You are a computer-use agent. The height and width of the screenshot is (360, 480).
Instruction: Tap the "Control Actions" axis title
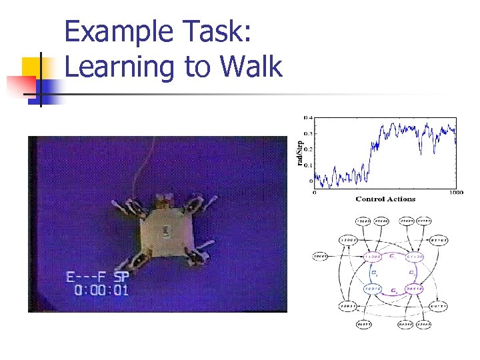(x=385, y=199)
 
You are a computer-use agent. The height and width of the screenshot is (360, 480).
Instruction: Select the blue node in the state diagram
(x=373, y=289)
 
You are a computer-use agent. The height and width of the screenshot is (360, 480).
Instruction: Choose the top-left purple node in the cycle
(x=373, y=256)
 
